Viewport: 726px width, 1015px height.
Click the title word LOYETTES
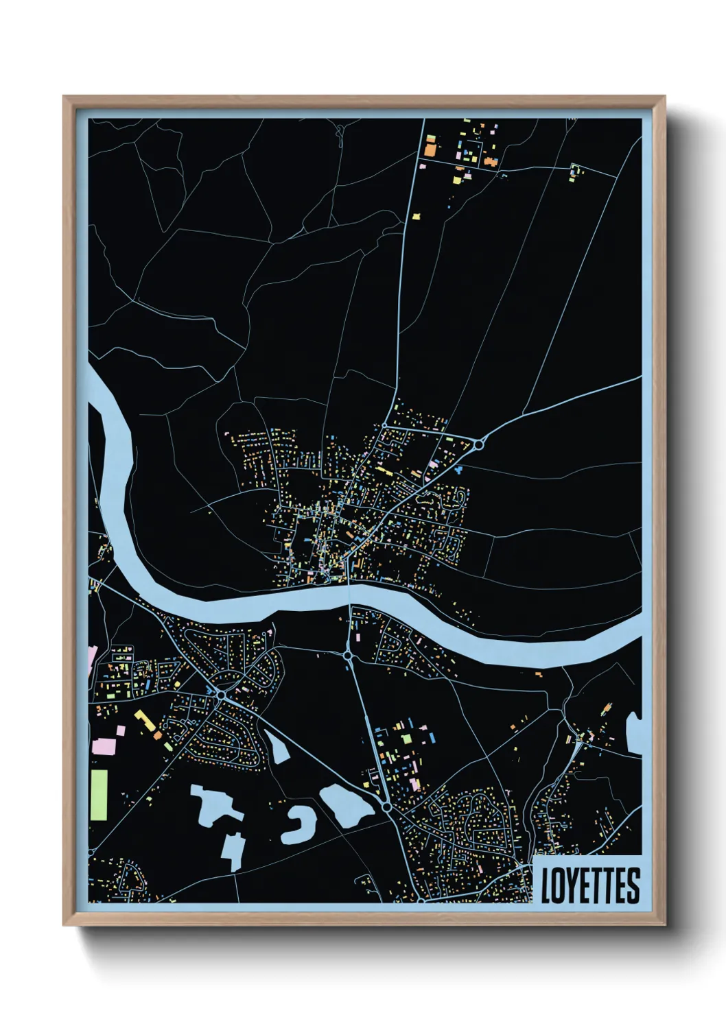click(590, 886)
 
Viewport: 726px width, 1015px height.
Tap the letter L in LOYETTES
click(547, 886)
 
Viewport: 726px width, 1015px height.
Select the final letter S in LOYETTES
click(633, 886)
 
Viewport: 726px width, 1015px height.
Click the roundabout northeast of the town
click(478, 444)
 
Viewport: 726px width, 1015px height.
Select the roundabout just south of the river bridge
click(348, 656)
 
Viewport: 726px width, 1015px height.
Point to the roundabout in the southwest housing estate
click(222, 696)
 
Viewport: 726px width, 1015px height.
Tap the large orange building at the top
click(430, 146)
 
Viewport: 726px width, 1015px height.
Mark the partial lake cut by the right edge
click(635, 734)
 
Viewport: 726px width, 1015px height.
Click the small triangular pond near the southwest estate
click(278, 748)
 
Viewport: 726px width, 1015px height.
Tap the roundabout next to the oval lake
click(387, 809)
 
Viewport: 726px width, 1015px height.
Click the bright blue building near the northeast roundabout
click(458, 470)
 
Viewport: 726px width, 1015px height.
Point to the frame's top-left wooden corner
click(68, 101)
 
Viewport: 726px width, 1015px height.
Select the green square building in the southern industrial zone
click(406, 738)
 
